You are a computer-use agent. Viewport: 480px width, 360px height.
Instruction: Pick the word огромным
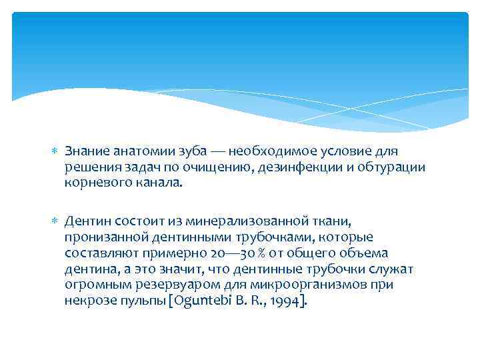[94, 285]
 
